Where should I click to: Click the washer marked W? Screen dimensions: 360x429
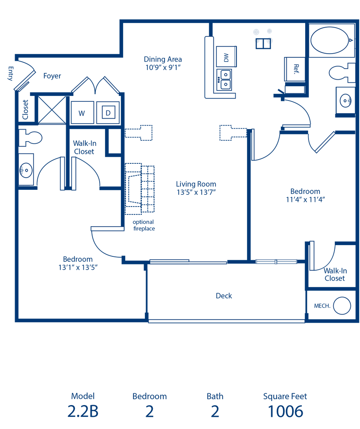coord(82,112)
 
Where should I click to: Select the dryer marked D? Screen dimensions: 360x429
coord(108,112)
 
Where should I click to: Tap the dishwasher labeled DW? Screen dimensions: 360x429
coord(226,57)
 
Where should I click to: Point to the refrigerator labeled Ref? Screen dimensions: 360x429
coord(295,69)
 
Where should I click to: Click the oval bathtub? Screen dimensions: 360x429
coord(330,40)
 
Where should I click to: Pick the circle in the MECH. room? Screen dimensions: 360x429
coord(342,305)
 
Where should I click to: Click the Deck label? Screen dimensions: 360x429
coord(224,296)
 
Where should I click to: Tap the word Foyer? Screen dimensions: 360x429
coord(52,76)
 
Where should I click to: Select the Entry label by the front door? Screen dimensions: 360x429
coord(10,73)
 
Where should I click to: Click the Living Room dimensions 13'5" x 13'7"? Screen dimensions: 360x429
coord(196,192)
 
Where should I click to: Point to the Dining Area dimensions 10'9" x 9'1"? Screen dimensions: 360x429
coord(163,67)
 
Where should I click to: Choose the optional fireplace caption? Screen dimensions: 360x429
coord(144,225)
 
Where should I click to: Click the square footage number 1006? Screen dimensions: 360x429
coord(285,411)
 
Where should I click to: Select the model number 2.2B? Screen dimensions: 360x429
coord(83,411)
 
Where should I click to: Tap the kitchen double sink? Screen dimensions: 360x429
coord(224,80)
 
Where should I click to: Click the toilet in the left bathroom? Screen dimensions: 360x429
coord(30,137)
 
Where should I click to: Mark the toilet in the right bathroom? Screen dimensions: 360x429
coord(342,73)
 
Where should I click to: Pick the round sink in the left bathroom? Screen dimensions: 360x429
coord(26,170)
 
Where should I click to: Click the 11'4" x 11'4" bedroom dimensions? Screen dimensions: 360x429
coord(305,200)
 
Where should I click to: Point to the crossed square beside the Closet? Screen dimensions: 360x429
coord(52,109)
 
